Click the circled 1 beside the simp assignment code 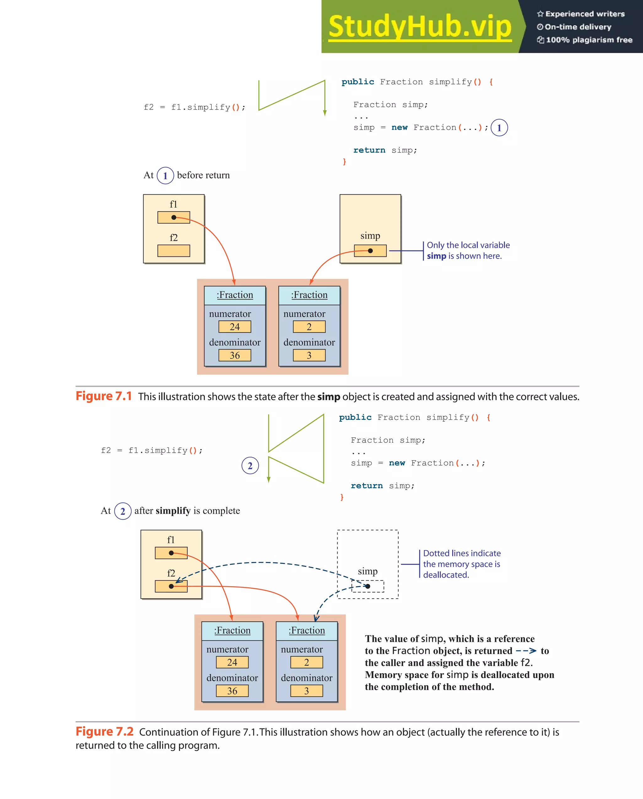coord(499,128)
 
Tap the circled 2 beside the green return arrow coord(250,466)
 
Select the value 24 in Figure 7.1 coord(235,327)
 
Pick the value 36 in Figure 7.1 coord(235,355)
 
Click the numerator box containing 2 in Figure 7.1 coord(309,327)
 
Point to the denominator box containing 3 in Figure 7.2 coord(306,691)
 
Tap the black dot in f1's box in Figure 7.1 coord(174,218)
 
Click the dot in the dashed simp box coord(368,586)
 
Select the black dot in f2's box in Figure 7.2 coord(171,586)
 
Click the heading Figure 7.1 coord(104,396)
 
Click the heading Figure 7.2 coord(105,732)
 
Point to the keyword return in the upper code coord(369,150)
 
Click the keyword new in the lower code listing coord(397,463)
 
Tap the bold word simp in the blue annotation coord(436,256)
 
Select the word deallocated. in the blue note coord(446,575)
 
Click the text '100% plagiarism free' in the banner coord(589,40)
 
